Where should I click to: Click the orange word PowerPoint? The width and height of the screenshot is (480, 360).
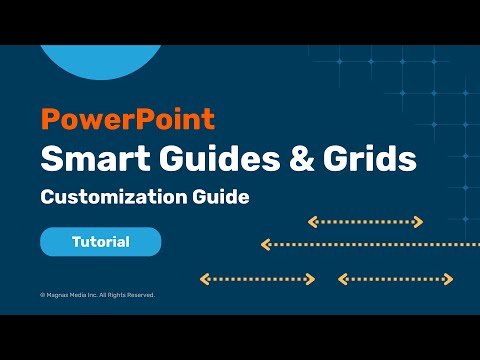[127, 120]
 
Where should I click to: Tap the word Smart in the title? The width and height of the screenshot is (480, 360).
[86, 158]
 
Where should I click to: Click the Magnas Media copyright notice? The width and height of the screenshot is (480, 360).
[98, 295]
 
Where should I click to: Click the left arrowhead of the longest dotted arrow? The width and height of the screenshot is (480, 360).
[265, 243]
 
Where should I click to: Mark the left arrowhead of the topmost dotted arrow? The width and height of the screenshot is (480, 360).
[311, 221]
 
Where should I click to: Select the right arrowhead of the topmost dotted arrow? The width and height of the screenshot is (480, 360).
[419, 221]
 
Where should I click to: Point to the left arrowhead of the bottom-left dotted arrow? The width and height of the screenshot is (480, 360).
[204, 279]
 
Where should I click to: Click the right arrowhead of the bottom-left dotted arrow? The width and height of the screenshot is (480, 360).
[311, 279]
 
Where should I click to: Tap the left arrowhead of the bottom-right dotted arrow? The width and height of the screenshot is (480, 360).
[342, 279]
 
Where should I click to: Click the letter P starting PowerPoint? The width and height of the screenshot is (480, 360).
[49, 120]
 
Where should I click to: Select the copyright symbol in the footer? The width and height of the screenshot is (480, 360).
[42, 295]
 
